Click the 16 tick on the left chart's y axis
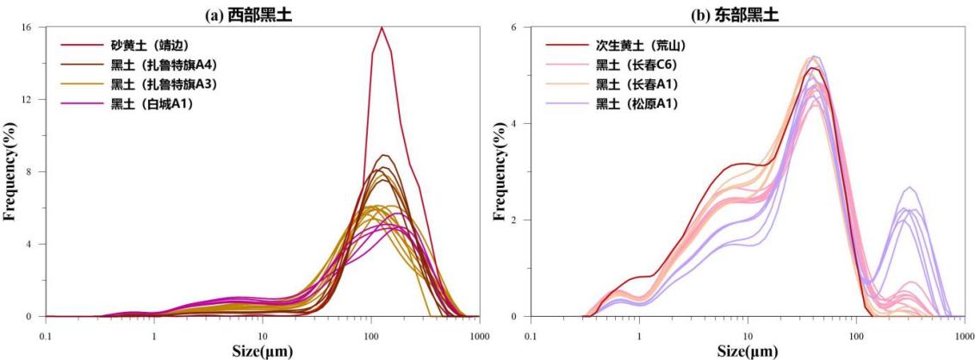pos(26,28)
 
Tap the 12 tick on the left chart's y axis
pos(26,100)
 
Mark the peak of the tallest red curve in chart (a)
pos(381,28)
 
